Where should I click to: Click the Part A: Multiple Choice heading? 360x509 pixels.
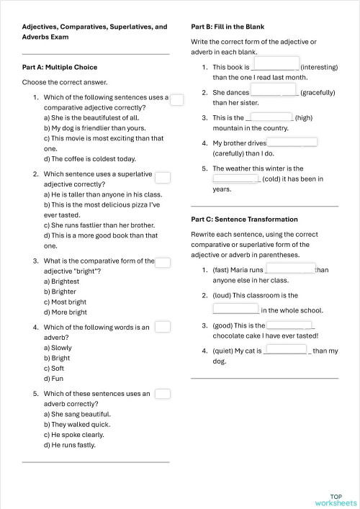(60, 67)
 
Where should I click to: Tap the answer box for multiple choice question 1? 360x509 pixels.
(177, 99)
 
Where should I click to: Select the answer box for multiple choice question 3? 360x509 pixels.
(163, 263)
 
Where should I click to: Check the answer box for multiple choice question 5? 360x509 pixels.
(163, 394)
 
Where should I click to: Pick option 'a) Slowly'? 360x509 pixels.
(58, 347)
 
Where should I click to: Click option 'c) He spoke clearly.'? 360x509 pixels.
(74, 434)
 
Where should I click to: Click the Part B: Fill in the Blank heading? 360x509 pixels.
(228, 27)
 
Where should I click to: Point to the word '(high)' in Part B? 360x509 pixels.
(304, 117)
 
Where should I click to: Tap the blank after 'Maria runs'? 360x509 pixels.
(291, 269)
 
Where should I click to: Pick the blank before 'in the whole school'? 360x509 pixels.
(236, 309)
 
